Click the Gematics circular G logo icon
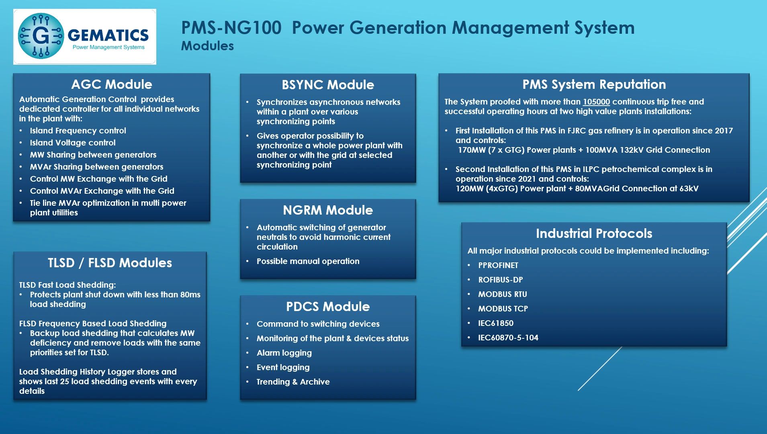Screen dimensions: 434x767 (x=41, y=36)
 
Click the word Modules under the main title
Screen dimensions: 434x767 (x=207, y=46)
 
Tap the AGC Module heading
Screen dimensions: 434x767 (x=112, y=84)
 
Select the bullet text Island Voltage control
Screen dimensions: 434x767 (x=73, y=143)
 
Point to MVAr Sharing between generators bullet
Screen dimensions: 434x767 (x=96, y=167)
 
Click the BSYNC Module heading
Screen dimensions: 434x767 (x=328, y=85)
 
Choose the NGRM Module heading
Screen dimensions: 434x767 (x=328, y=210)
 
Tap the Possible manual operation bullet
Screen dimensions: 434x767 (x=308, y=261)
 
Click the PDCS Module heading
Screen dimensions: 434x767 (x=328, y=307)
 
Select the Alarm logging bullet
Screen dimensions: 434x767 (x=284, y=353)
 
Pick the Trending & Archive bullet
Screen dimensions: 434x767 (x=293, y=382)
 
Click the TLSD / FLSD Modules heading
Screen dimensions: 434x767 (x=110, y=263)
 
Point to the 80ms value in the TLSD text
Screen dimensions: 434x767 (x=190, y=295)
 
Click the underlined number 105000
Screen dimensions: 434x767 (x=596, y=102)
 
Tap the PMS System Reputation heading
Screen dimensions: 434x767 (x=594, y=84)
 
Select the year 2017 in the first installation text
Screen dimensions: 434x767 (x=724, y=131)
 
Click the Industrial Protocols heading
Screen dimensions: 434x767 (x=594, y=233)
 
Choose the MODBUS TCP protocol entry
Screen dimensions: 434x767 (x=503, y=309)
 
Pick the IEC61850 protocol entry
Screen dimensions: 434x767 (x=496, y=323)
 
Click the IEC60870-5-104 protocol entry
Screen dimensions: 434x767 (x=508, y=338)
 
